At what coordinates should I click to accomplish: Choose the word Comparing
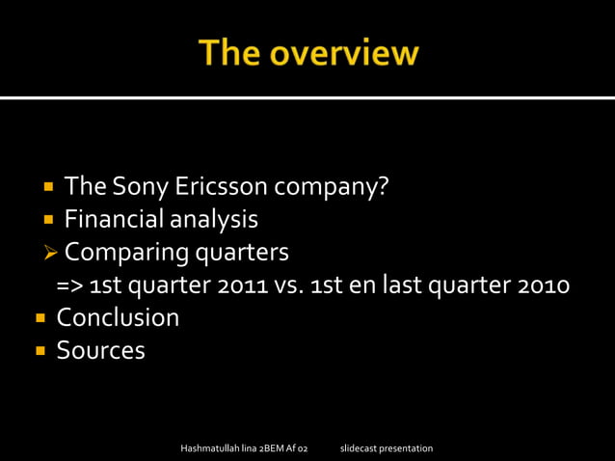127,254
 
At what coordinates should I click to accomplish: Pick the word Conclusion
118,317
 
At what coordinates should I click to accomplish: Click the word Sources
100,350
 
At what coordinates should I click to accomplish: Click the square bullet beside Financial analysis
47,220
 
